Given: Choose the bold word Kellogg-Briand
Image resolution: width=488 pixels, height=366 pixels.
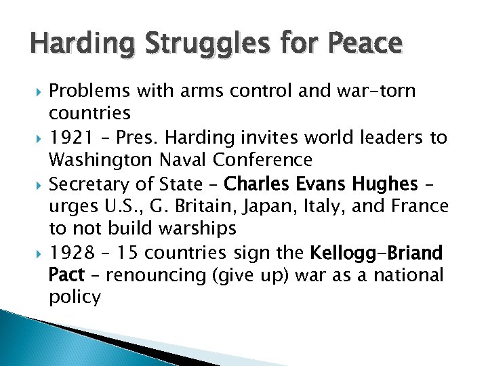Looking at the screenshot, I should pos(376,253).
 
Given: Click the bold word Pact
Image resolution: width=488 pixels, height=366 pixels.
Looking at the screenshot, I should pos(66,277).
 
